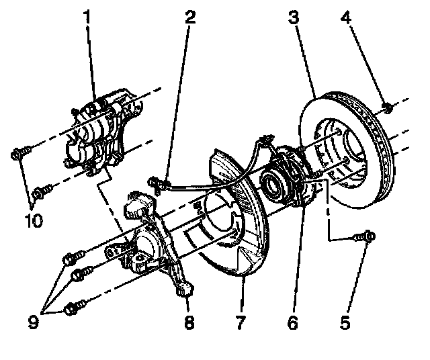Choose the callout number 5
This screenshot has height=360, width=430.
pos(345,323)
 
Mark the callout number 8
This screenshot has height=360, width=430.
pos(189,323)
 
